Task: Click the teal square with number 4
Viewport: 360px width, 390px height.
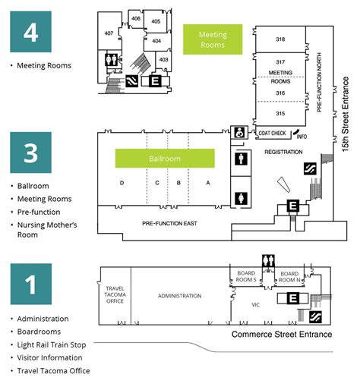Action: [30, 32]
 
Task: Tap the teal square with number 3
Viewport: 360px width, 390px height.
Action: [30, 153]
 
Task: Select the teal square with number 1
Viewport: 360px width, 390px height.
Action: [30, 285]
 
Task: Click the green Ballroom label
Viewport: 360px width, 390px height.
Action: [165, 159]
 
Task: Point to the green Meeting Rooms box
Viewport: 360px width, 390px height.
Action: [213, 39]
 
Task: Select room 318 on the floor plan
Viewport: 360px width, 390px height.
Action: [280, 39]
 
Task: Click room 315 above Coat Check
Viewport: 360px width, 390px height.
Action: [280, 113]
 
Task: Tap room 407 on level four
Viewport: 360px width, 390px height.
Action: [109, 33]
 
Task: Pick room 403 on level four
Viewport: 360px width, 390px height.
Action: [163, 59]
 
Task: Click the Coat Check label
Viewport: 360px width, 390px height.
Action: [272, 134]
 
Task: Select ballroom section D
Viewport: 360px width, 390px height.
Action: [122, 183]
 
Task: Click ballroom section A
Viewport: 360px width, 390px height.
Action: [207, 183]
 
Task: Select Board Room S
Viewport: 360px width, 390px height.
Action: [245, 275]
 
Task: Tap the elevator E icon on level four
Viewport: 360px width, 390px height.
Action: [155, 80]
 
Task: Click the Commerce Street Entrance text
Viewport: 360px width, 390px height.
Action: [281, 335]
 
